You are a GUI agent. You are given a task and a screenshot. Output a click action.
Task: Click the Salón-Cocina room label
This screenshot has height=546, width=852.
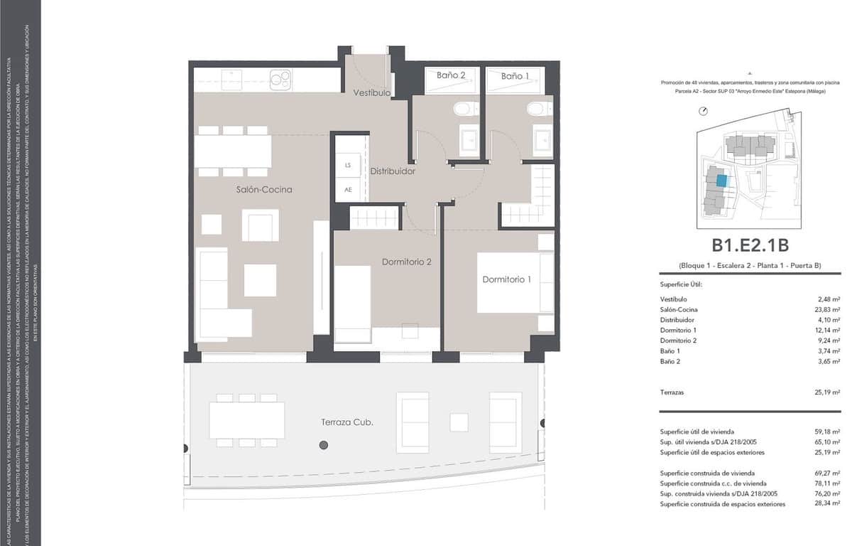click(264, 190)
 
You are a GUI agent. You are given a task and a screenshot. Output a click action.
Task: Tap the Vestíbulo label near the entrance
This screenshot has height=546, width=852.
click(372, 93)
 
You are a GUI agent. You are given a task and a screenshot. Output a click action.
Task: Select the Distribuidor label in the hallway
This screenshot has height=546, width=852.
click(393, 171)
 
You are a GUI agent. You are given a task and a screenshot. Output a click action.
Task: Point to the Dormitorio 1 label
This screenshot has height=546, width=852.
click(506, 279)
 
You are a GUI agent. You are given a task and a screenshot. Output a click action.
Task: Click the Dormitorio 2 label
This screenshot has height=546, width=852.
click(407, 262)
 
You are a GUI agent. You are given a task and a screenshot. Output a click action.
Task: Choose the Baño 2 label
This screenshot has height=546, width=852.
click(451, 75)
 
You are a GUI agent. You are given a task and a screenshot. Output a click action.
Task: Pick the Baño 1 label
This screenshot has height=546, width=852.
click(515, 75)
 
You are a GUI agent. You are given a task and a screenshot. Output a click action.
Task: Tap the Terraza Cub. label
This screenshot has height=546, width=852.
click(346, 422)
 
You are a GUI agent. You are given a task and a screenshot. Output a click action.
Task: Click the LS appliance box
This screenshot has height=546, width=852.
click(348, 166)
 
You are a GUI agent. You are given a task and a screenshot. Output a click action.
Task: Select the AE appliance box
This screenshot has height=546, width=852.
click(348, 190)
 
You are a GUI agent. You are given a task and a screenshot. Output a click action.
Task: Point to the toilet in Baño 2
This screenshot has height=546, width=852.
click(465, 109)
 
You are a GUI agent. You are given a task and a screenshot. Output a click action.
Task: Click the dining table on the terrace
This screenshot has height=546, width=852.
click(246, 420)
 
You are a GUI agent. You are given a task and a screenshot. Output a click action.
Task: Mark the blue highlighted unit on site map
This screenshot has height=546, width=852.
click(721, 181)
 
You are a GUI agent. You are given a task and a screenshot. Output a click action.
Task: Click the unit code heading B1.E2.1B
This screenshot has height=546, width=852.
click(750, 245)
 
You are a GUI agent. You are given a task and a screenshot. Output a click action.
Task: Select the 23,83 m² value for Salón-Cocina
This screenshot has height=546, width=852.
click(828, 309)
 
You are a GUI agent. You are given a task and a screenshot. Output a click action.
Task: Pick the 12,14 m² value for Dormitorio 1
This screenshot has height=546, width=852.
click(828, 330)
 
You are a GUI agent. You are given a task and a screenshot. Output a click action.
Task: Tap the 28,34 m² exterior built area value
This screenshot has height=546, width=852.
click(828, 504)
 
